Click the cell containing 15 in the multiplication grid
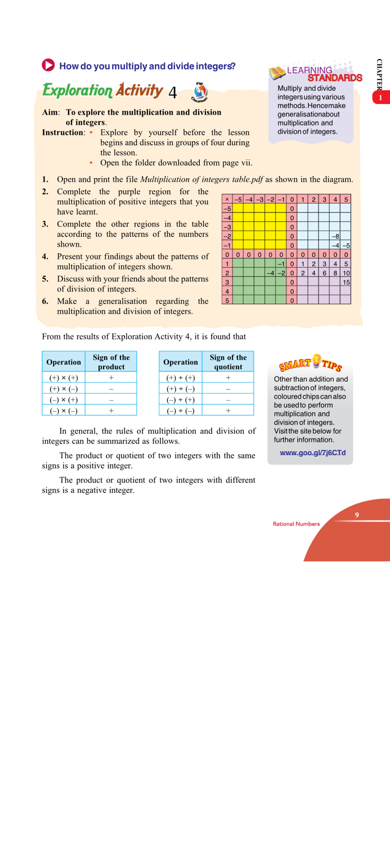pos(346,282)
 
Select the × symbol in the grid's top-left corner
pos(227,199)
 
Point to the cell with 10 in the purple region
pos(346,273)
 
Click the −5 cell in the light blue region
pos(346,245)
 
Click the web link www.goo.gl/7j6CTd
pos(312,452)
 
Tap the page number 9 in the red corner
pos(357,515)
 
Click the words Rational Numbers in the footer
pos(296,524)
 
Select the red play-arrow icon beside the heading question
pos(48,65)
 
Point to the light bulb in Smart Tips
pos(316,360)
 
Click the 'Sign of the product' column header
pos(111,362)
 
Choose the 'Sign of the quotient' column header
pos(228,362)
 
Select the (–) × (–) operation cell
pos(64,411)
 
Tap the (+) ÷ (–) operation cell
pos(180,389)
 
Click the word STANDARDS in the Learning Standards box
pos(334,78)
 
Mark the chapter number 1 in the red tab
pos(381,98)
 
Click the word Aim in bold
pos(51,113)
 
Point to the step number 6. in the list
pos(45,302)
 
